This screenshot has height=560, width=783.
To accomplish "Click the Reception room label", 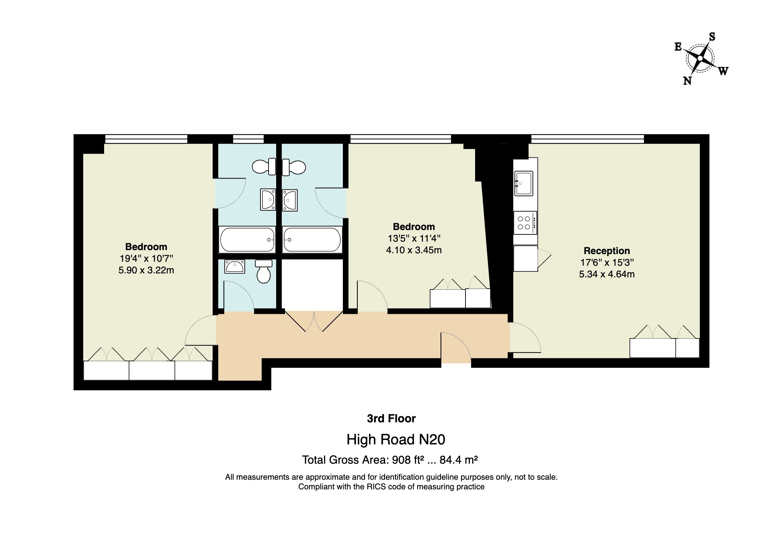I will tap(607, 251).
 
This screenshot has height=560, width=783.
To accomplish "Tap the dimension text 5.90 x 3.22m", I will tap(146, 270).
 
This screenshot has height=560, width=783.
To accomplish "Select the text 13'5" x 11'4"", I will tap(414, 238).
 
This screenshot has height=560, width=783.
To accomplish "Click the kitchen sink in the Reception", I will tap(523, 183).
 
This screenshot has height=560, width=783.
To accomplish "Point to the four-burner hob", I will tap(524, 223).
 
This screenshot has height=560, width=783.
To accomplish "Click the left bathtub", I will tap(247, 240).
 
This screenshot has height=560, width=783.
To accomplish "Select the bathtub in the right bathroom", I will tap(312, 240).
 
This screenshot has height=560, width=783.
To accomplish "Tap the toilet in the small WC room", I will tap(264, 271).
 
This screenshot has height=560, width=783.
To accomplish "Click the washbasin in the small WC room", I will tap(235, 266).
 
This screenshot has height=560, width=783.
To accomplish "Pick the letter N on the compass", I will tap(687, 81).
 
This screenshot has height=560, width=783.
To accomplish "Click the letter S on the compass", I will tap(712, 37).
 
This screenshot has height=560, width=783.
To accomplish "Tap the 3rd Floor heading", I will tap(391, 418).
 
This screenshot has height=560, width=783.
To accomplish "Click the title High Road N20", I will tap(396, 440).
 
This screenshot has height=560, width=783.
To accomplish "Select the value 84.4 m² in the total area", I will tap(458, 460).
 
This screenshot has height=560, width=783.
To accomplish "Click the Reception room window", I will tap(587, 139).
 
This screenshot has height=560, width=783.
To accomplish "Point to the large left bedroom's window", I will tap(146, 139).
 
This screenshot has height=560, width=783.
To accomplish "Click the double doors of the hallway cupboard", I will tap(314, 321).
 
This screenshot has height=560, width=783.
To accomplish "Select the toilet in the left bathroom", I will tap(264, 167).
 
